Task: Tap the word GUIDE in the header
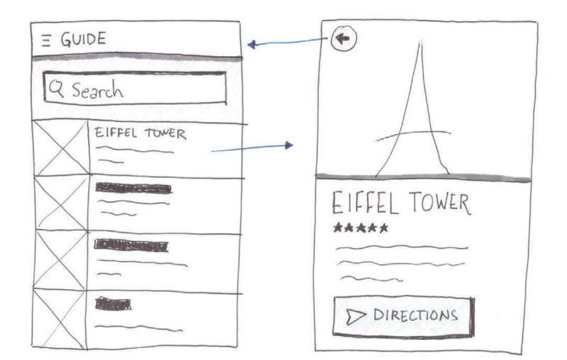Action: click(x=79, y=40)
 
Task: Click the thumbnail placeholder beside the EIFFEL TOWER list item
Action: click(x=60, y=150)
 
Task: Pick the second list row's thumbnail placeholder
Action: click(x=60, y=204)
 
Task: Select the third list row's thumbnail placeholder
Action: click(x=60, y=261)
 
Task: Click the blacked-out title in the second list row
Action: click(x=133, y=189)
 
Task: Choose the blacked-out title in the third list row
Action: click(x=133, y=246)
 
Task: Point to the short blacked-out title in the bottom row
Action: click(x=113, y=303)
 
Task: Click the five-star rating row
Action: click(x=361, y=229)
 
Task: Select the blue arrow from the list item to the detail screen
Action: click(x=252, y=147)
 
